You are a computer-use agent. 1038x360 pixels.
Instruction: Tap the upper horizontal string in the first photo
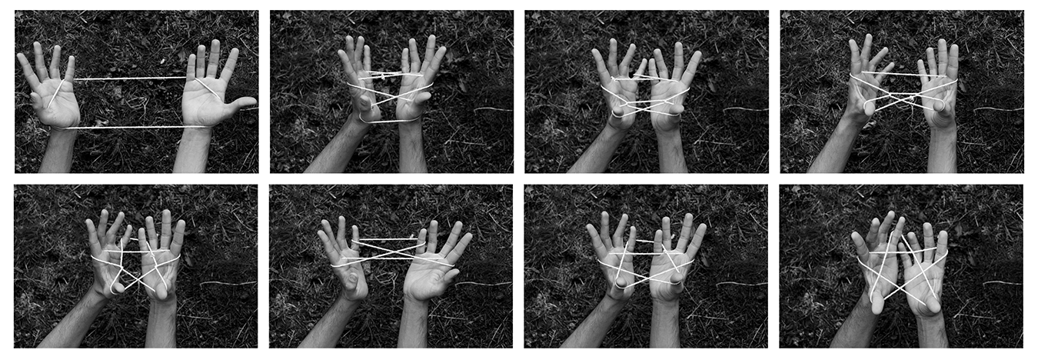point(131,78)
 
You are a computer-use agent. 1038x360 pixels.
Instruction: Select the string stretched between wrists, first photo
point(131,127)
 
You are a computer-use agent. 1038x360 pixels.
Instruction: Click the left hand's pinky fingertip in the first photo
point(22,59)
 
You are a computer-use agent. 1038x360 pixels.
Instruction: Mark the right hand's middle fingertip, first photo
point(215,45)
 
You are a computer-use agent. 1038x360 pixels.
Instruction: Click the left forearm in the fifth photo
point(69,323)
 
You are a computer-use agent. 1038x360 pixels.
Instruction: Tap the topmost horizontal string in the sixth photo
point(389,240)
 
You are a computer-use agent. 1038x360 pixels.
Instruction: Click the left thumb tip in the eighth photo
point(877,306)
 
